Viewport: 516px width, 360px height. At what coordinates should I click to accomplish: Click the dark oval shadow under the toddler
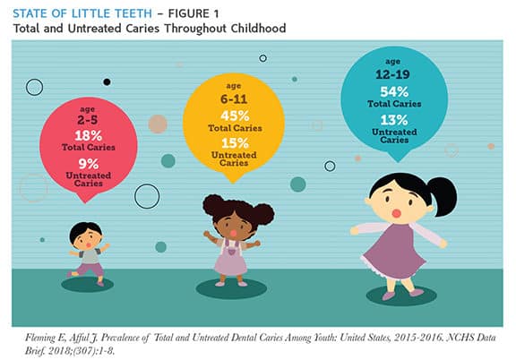click(87, 284)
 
